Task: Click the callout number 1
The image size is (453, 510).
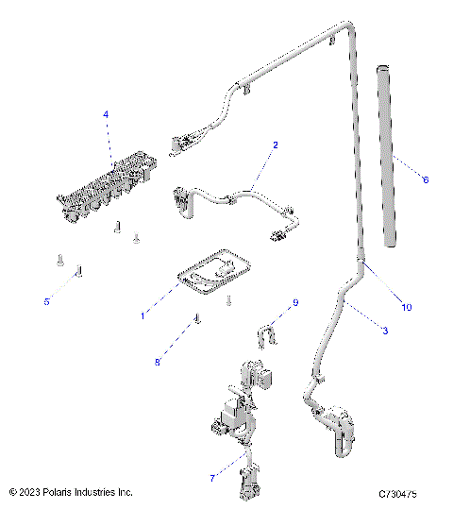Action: pos(143,315)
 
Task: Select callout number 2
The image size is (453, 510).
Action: pos(275,145)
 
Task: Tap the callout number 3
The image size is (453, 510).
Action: pos(385,330)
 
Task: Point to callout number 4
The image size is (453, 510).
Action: pos(106,114)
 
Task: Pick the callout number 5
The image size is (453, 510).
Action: pos(46,301)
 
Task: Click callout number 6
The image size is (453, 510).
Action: pos(426,178)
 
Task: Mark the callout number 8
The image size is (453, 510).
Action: pos(158,362)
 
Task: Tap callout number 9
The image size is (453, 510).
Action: pos(294,303)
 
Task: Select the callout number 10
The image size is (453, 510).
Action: pos(407,307)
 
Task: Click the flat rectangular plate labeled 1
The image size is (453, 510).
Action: pos(213,270)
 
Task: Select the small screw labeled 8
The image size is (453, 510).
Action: pos(197,320)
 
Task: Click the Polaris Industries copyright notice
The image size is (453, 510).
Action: pos(71,493)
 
